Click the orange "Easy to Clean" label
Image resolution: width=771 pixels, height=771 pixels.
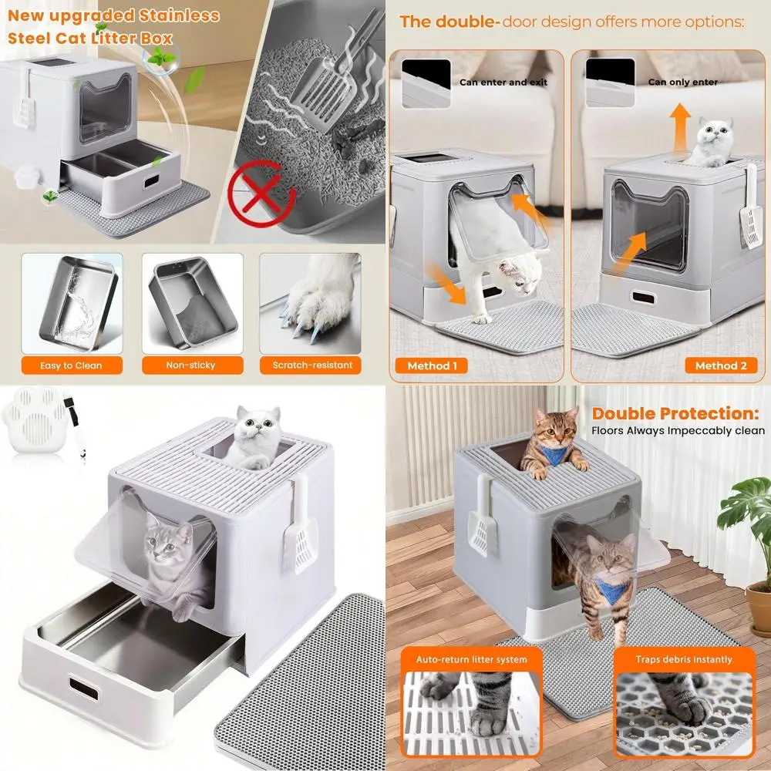click(x=71, y=365)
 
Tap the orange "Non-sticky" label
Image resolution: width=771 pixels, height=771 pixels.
click(x=191, y=365)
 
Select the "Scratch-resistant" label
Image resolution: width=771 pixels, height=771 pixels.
click(x=311, y=365)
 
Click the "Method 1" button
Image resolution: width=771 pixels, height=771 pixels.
click(x=433, y=366)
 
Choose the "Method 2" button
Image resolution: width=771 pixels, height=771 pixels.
click(x=721, y=366)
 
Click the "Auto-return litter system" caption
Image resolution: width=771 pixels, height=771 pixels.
click(x=472, y=660)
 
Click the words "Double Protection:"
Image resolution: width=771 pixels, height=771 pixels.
click(x=675, y=413)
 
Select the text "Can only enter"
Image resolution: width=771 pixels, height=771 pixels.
click(x=683, y=82)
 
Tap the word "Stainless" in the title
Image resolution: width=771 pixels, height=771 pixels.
click(x=180, y=15)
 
